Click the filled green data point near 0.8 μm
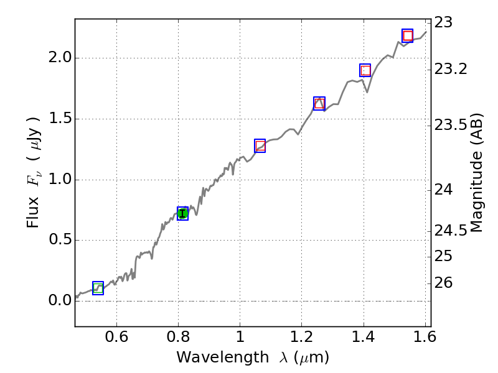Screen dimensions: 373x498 [x=182, y=214]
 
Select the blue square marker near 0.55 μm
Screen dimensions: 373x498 [x=98, y=288]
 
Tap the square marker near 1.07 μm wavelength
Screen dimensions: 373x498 [x=260, y=145]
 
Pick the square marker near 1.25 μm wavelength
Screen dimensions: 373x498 [x=319, y=103]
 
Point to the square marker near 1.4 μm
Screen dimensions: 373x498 [x=365, y=70]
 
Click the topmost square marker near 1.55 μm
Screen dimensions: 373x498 [x=408, y=35]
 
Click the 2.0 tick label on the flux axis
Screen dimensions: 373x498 [x=60, y=58]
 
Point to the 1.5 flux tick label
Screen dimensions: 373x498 [x=60, y=119]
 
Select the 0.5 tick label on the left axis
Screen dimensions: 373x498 [x=60, y=241]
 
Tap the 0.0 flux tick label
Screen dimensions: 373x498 [x=60, y=301]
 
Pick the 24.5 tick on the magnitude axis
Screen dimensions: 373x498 [x=451, y=231]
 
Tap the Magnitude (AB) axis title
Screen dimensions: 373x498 [x=477, y=173]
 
